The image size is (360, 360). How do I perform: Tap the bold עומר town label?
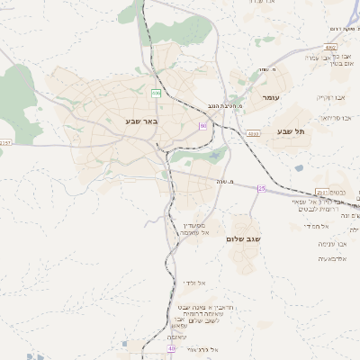[x=272, y=96]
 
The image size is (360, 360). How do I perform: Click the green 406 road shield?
[x=156, y=93]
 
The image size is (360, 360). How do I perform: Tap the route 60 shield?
[x=202, y=125]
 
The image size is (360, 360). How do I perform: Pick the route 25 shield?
[x=262, y=188]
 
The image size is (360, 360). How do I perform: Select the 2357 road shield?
[x=6, y=142]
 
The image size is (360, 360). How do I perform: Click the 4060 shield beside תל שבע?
[x=254, y=133]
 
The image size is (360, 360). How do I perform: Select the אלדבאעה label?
[x=334, y=258]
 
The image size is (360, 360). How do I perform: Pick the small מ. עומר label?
[x=265, y=69]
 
